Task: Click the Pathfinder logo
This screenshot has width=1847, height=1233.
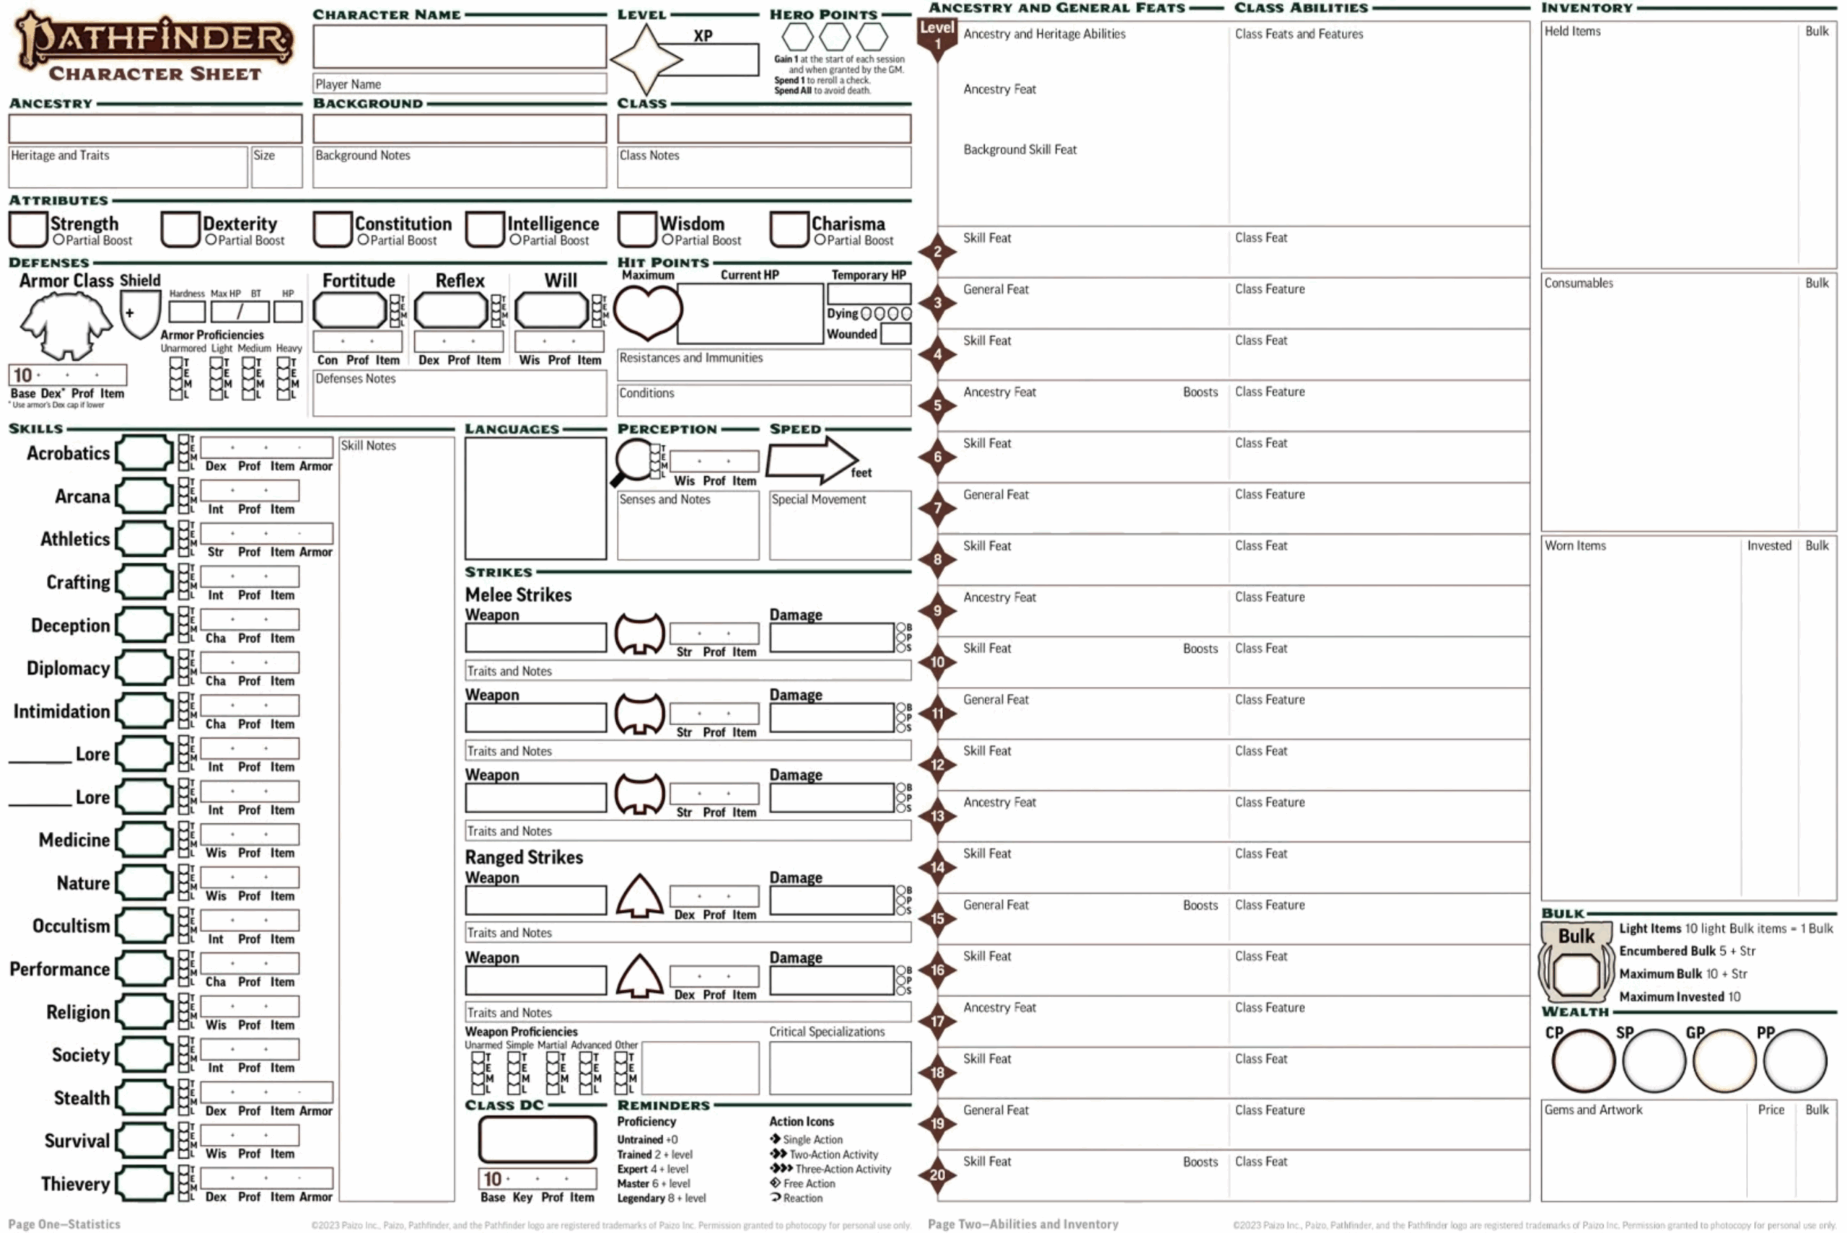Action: pos(154,39)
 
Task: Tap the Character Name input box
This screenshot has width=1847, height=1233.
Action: pos(459,46)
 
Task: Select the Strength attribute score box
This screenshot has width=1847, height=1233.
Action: pos(28,229)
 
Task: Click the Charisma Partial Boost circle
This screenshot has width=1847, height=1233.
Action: pos(820,240)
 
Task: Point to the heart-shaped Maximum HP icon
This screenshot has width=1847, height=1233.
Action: pos(647,311)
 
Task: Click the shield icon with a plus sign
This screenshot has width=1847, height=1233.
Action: pos(139,312)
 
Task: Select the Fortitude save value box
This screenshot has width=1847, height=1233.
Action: pos(350,311)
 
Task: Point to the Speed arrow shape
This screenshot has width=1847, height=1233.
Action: pos(810,460)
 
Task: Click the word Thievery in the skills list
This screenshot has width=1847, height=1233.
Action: pos(76,1183)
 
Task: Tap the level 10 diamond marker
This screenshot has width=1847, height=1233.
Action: pos(937,662)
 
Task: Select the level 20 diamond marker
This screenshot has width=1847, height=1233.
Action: pos(937,1175)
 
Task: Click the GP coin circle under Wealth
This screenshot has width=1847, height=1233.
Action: pos(1724,1061)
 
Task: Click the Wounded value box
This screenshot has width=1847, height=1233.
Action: pos(895,334)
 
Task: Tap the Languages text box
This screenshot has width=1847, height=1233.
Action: pos(535,498)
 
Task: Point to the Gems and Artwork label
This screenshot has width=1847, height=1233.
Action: pos(1592,1110)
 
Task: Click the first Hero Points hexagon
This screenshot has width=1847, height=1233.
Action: pos(797,36)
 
